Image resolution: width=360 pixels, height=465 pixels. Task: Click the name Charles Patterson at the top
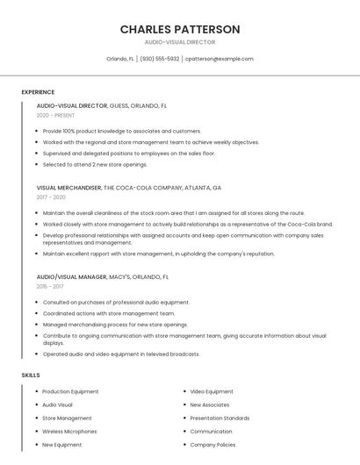tap(180, 29)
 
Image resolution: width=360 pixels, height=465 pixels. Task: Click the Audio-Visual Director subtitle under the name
tap(180, 42)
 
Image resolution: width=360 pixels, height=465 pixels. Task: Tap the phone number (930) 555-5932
tap(159, 59)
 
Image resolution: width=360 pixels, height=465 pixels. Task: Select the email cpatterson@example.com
tap(220, 59)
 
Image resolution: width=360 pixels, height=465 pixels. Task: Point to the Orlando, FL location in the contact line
tap(120, 59)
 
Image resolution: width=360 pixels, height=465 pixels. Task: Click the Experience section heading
tap(38, 92)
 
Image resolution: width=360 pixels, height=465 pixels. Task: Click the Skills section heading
tap(31, 376)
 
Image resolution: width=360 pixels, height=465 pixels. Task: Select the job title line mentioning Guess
tap(102, 105)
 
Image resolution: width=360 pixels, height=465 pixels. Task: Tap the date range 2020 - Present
tap(55, 116)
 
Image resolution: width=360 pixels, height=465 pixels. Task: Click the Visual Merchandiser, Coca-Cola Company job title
tap(129, 188)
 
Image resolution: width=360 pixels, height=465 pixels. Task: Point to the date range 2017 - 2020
tap(51, 197)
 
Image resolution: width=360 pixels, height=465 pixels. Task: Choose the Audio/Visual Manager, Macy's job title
tap(102, 276)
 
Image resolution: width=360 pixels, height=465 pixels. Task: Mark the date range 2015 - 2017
tap(50, 286)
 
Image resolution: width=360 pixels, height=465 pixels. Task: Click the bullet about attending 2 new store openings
tap(95, 164)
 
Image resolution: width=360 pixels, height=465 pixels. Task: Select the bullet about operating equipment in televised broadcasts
tap(121, 354)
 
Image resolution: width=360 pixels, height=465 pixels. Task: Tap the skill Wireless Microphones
tap(69, 432)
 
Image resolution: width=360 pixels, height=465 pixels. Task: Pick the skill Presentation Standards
tap(220, 418)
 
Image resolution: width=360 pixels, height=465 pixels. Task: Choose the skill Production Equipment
tap(70, 391)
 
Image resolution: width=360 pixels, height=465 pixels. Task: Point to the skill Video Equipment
tap(212, 391)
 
